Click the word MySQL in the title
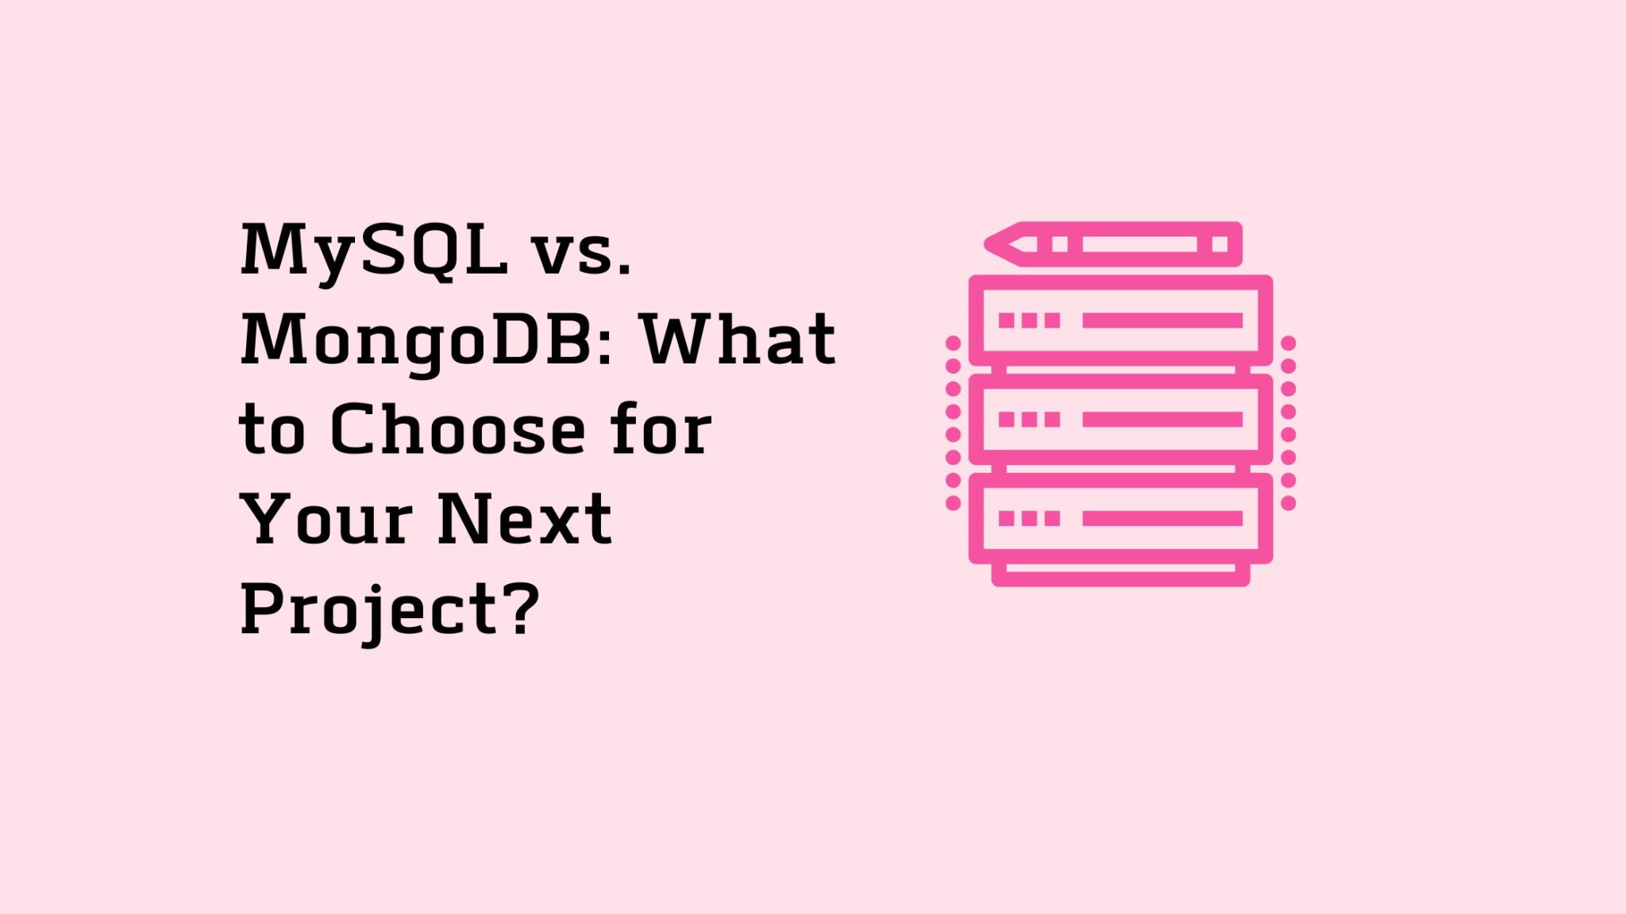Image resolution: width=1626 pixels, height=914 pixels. pos(373,251)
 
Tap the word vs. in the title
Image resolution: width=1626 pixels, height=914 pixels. pos(582,252)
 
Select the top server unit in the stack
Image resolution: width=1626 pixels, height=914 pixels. pos(1120,321)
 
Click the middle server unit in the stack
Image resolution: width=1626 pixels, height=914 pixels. pos(1120,420)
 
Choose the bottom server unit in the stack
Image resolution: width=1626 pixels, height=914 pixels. pos(1120,519)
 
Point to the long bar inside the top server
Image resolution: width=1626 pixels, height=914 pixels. pos(1162,321)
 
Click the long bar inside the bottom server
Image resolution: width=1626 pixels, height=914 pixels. pos(1162,519)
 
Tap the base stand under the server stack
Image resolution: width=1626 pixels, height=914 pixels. pos(1120,574)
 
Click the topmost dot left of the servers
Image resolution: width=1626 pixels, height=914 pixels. pos(954,344)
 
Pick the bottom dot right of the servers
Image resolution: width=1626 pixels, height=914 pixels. pos(1289,503)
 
